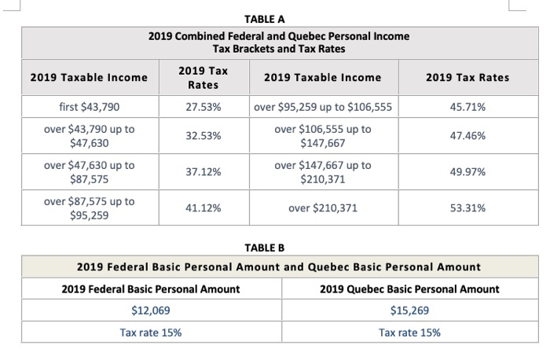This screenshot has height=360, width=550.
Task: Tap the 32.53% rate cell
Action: click(x=203, y=136)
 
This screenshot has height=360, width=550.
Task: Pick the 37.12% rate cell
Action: click(x=203, y=171)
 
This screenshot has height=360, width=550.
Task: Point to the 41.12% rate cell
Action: click(x=203, y=208)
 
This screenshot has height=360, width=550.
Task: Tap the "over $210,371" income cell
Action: click(x=323, y=208)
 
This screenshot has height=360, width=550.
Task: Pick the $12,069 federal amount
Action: click(x=150, y=310)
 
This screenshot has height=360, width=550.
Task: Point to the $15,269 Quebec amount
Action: click(x=409, y=310)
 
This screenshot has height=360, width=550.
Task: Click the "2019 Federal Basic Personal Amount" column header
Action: click(x=151, y=289)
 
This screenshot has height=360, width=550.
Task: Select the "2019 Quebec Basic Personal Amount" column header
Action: click(x=409, y=289)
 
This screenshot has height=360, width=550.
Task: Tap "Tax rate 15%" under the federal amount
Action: click(x=150, y=332)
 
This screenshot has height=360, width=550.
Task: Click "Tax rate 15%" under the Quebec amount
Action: click(x=409, y=332)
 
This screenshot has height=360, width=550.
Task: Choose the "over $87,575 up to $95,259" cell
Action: click(x=89, y=208)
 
